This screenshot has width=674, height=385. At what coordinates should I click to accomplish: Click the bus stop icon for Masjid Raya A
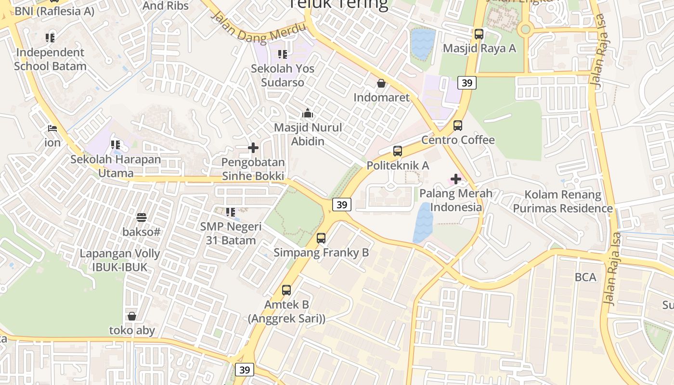479,34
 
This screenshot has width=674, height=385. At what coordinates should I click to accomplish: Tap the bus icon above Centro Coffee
458,126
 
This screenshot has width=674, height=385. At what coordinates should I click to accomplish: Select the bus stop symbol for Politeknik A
397,151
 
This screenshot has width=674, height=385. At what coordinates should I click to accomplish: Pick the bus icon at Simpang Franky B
321,238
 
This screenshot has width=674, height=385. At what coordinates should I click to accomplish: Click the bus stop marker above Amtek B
286,290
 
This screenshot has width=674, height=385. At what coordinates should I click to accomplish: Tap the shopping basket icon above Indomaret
381,83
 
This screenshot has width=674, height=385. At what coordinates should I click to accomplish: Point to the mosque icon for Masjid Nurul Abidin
307,114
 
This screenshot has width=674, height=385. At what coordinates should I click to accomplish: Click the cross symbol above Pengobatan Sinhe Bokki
253,148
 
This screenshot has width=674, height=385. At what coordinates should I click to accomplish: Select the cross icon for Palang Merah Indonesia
455,180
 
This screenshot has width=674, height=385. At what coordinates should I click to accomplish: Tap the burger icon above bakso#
142,218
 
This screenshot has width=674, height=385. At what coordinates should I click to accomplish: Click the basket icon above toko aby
132,316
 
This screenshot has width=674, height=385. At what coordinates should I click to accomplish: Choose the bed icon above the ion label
52,128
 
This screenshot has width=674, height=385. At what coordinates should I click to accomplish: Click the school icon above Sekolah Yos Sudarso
283,54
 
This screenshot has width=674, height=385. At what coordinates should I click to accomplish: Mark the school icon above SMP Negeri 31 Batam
231,212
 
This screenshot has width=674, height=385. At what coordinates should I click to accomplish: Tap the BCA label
585,277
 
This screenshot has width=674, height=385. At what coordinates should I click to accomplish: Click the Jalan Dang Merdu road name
259,28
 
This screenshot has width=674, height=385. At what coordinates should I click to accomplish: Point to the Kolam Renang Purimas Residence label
563,202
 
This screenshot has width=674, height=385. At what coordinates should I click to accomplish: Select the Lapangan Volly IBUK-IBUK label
120,260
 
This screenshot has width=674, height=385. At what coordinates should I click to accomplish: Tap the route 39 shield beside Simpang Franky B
342,205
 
